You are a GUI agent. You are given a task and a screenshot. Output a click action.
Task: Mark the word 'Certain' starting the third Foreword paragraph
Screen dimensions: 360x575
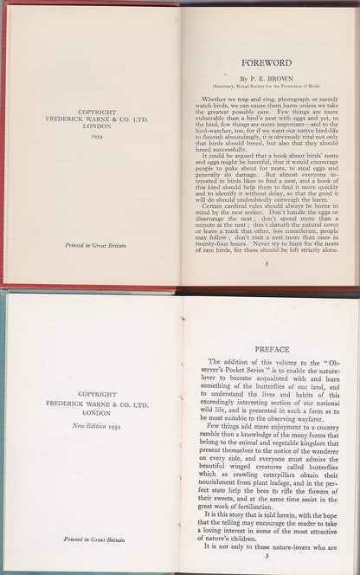coord(210,204)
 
